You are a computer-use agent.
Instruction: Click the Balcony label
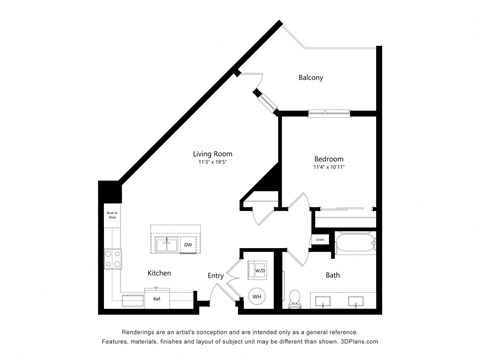pos(310,78)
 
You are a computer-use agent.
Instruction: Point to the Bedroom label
pos(329,159)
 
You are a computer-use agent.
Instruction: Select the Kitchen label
pos(159,273)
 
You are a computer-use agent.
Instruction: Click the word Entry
pos(216,275)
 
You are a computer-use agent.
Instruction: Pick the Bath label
pos(332,275)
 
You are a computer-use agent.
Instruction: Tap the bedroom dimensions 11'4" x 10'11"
pos(329,168)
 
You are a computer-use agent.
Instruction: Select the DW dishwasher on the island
pos(187,244)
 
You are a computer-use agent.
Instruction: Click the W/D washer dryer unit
pos(259,270)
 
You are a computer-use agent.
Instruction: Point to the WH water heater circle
pos(256,296)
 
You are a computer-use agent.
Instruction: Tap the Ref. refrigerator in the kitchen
pos(157,298)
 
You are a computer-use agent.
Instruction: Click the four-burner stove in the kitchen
pos(114,262)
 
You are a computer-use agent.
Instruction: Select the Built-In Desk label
pos(113,215)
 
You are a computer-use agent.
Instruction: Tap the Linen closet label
pos(319,240)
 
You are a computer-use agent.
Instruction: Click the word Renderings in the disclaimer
pos(143,332)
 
